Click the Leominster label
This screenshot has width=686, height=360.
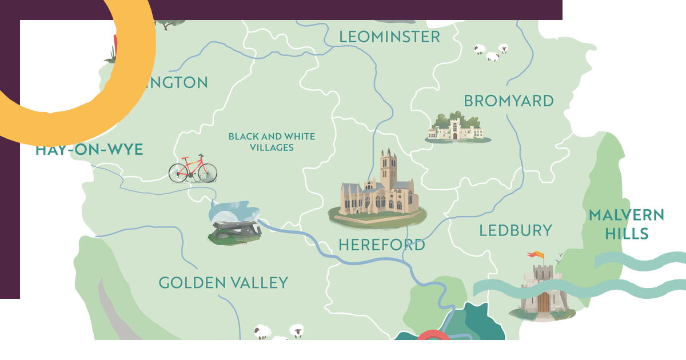(389, 37)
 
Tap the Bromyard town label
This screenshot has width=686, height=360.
(508, 101)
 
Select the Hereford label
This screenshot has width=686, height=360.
(381, 245)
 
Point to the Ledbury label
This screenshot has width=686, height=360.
(515, 231)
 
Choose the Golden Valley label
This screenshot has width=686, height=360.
(223, 283)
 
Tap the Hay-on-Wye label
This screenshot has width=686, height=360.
(89, 150)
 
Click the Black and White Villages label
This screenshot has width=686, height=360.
(272, 142)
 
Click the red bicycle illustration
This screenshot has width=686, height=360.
(193, 169)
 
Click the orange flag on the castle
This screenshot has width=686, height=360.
(536, 254)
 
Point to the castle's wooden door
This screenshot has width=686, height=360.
(543, 302)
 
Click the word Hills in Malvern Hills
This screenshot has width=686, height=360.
(627, 234)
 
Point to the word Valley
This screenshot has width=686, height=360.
(258, 283)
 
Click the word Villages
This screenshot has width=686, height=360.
(272, 147)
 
